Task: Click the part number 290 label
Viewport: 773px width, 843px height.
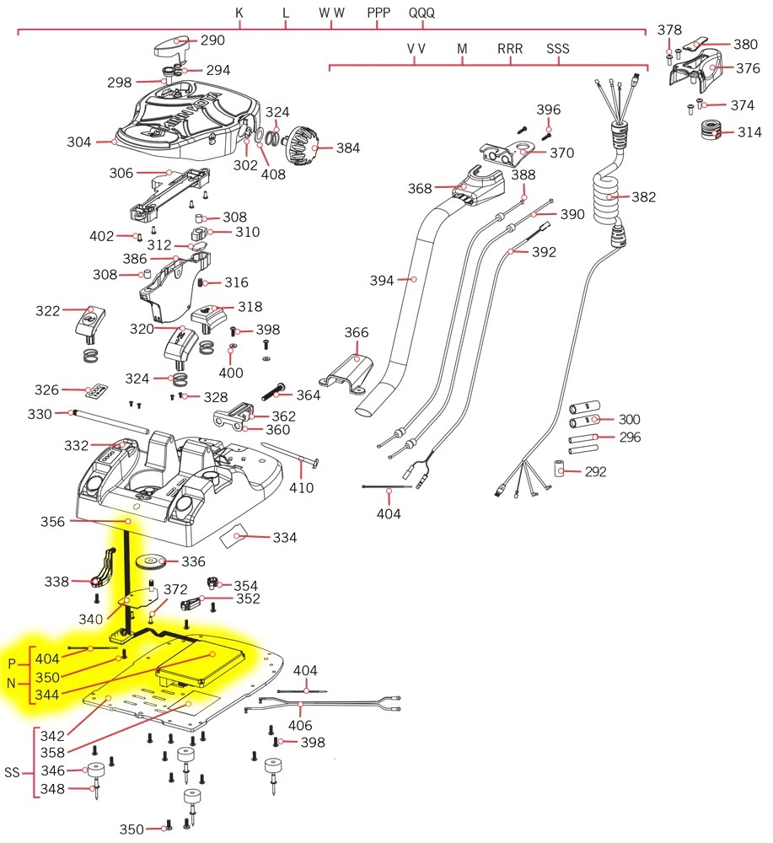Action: (212, 40)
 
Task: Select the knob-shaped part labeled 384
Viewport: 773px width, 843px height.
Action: (300, 147)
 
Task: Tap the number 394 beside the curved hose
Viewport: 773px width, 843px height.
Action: (382, 280)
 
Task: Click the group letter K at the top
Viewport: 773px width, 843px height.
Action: (239, 13)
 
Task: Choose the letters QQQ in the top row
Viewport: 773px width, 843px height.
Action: (423, 13)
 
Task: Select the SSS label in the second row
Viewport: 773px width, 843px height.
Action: (558, 49)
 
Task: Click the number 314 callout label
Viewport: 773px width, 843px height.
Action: (749, 132)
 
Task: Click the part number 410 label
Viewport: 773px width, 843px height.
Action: (302, 488)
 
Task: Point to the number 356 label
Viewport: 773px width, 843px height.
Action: (52, 522)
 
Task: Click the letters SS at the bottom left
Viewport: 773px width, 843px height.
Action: (12, 772)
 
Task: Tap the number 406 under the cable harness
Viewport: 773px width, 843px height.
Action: (300, 725)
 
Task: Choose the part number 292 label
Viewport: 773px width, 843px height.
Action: (595, 471)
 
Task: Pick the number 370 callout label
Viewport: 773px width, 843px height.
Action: (561, 153)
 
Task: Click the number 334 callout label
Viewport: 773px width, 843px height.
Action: (282, 537)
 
